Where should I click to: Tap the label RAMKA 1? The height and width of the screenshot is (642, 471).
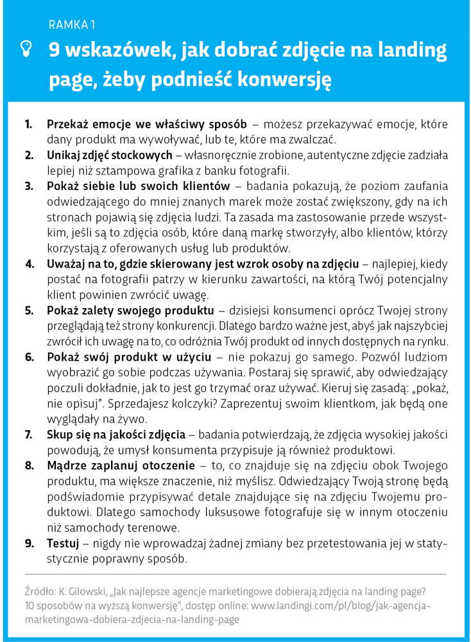coord(71,25)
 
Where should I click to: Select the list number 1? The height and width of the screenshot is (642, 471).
coord(28,123)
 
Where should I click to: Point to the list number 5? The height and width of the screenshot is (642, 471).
coord(29,311)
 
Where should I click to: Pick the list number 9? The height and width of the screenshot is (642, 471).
coord(29,543)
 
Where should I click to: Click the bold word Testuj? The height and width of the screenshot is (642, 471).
coord(63,543)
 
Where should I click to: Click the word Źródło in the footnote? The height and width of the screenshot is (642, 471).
coord(40,591)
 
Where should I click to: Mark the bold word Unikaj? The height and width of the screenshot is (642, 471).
coord(64,155)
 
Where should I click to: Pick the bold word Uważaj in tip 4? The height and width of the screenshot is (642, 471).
coord(66,264)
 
